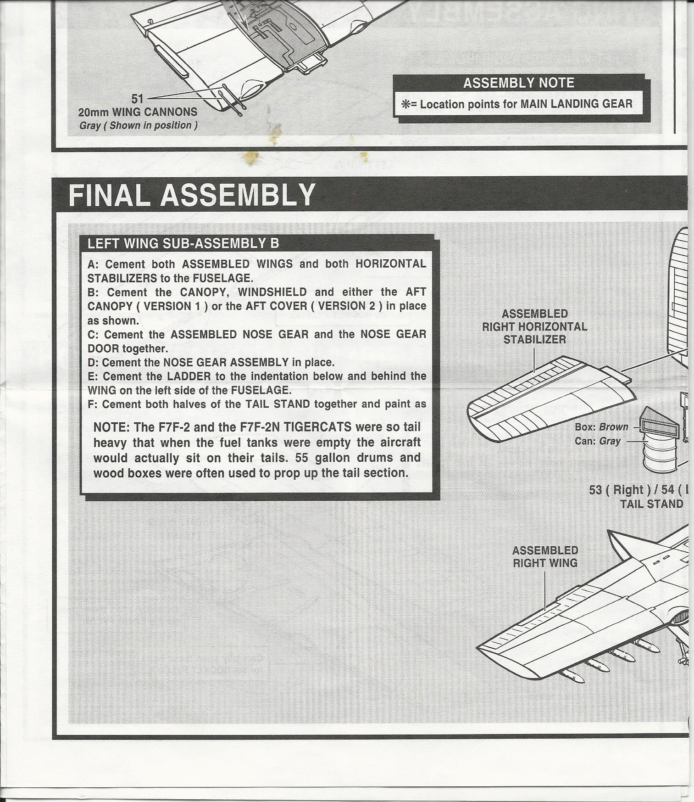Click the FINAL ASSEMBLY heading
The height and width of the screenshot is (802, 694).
(192, 195)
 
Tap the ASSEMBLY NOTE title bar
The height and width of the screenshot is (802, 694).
(518, 83)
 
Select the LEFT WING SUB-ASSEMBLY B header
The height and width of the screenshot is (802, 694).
(183, 243)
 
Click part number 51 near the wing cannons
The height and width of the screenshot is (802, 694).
(137, 98)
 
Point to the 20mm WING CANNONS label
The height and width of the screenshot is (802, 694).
(138, 112)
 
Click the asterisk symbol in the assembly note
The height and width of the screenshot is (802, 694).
(405, 105)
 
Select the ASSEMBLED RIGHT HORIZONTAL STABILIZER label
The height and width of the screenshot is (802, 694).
(534, 326)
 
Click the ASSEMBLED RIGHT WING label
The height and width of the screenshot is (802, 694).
(545, 556)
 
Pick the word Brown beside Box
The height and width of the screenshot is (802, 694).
(614, 427)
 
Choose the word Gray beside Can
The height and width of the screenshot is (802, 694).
(610, 441)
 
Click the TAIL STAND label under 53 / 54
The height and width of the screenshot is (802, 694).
(651, 504)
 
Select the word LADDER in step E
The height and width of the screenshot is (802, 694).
(189, 376)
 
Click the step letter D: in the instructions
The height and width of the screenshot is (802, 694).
(93, 363)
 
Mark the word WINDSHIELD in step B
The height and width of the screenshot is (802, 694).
(272, 292)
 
